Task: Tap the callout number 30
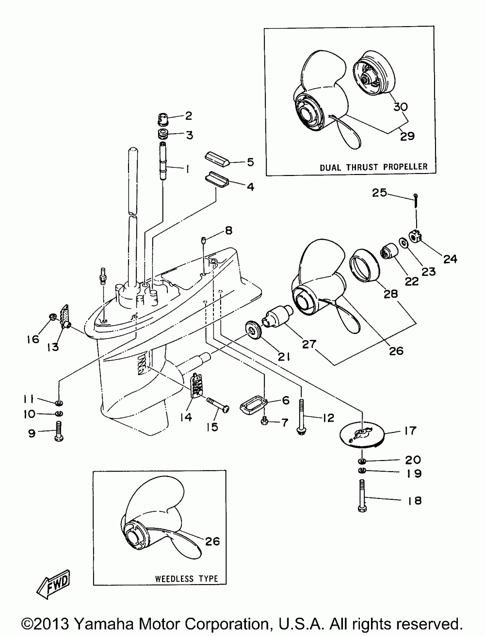click(x=401, y=107)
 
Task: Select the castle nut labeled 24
click(x=417, y=237)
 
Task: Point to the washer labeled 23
click(x=404, y=242)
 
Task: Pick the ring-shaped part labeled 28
click(x=365, y=265)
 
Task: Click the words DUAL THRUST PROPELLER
click(x=373, y=167)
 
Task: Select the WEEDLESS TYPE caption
click(x=186, y=579)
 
